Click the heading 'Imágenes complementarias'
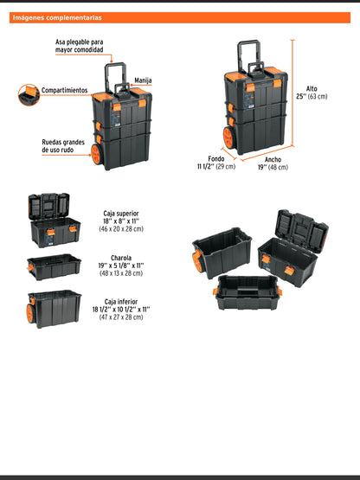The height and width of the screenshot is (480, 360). pos(58,17)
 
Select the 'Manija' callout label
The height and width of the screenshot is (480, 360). pos(143,80)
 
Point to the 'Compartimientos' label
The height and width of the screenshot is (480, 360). pos(64,90)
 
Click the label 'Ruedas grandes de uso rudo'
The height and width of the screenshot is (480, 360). pos(63,146)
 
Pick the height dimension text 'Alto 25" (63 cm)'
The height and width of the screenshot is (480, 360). pos(317,93)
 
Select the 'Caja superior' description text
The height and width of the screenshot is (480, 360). pos(120,220)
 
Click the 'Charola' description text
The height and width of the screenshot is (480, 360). pos(120,267)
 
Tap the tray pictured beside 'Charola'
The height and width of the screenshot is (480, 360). pos(54,266)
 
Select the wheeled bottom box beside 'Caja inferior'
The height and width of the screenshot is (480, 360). pos(54,309)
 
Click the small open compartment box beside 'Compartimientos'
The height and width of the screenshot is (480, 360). pos(27,93)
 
